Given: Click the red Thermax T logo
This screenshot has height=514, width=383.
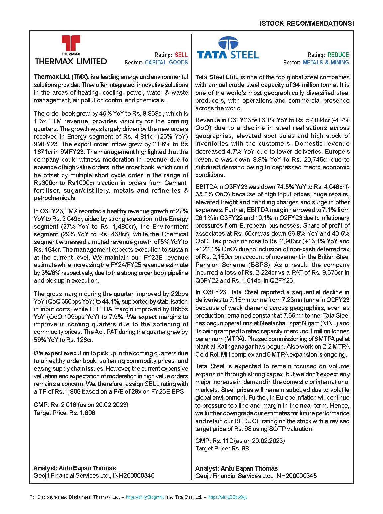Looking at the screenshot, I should pyautogui.click(x=71, y=44).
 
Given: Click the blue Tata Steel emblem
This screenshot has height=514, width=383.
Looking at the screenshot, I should pyautogui.click(x=228, y=43).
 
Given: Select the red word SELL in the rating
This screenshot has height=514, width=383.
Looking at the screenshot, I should pyautogui.click(x=181, y=55).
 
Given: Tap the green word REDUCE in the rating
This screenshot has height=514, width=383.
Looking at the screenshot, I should pyautogui.click(x=338, y=55).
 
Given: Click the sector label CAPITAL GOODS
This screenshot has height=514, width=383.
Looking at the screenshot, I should pyautogui.click(x=166, y=63).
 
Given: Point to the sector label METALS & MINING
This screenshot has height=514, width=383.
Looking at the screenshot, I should pyautogui.click(x=326, y=63).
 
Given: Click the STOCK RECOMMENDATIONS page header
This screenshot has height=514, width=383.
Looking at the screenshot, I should pyautogui.click(x=306, y=24).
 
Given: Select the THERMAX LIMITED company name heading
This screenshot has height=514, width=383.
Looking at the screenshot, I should pyautogui.click(x=71, y=61).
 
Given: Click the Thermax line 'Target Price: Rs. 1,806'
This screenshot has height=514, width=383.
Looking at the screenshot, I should pyautogui.click(x=64, y=413).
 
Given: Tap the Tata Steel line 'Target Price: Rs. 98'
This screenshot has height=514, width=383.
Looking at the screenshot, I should pyautogui.click(x=222, y=449).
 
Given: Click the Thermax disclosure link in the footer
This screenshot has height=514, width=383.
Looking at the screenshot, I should pyautogui.click(x=145, y=497).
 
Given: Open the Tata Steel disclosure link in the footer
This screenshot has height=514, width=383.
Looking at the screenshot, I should pyautogui.click(x=228, y=497).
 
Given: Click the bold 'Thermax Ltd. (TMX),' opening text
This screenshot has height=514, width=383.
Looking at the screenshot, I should pyautogui.click(x=62, y=77).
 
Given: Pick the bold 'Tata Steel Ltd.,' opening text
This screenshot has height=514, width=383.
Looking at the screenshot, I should pyautogui.click(x=217, y=77).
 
